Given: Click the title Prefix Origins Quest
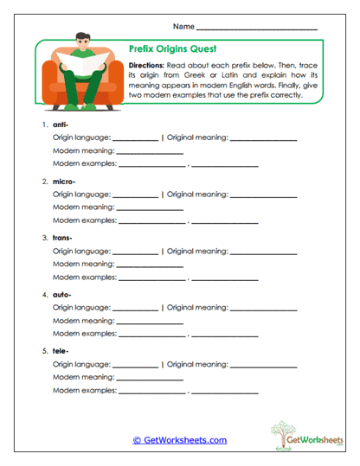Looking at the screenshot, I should point(170,50).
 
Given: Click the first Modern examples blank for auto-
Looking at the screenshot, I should point(151,335).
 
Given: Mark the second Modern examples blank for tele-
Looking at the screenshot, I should point(224,391).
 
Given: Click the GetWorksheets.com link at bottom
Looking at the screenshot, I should point(179,440).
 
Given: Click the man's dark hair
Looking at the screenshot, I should point(83,36).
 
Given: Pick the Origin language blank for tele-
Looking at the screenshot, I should point(136,364).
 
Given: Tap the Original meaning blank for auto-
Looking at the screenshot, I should point(264,308).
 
